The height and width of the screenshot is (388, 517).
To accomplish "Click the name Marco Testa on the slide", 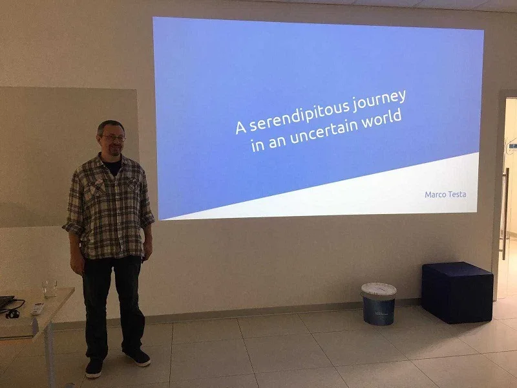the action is coord(445,195).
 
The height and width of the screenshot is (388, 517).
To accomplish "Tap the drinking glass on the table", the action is coord(50,288).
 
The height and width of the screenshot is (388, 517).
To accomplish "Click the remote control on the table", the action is coord(37,308).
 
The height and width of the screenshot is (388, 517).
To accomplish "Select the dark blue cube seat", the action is coord(458,292).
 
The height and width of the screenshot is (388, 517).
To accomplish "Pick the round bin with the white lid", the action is coord(379,304).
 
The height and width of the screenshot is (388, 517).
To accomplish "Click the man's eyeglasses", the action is coord(113,138).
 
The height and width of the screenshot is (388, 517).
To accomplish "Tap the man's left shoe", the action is coord(138,357).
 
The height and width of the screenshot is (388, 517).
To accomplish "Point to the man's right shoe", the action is coord(94,367).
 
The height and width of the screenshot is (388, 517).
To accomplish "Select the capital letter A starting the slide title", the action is coord(241,127).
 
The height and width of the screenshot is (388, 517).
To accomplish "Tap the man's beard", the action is coord(114,151).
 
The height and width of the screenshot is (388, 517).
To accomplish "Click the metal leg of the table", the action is coord(50,356).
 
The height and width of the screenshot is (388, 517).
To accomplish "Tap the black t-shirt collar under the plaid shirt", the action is coord(112,165).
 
